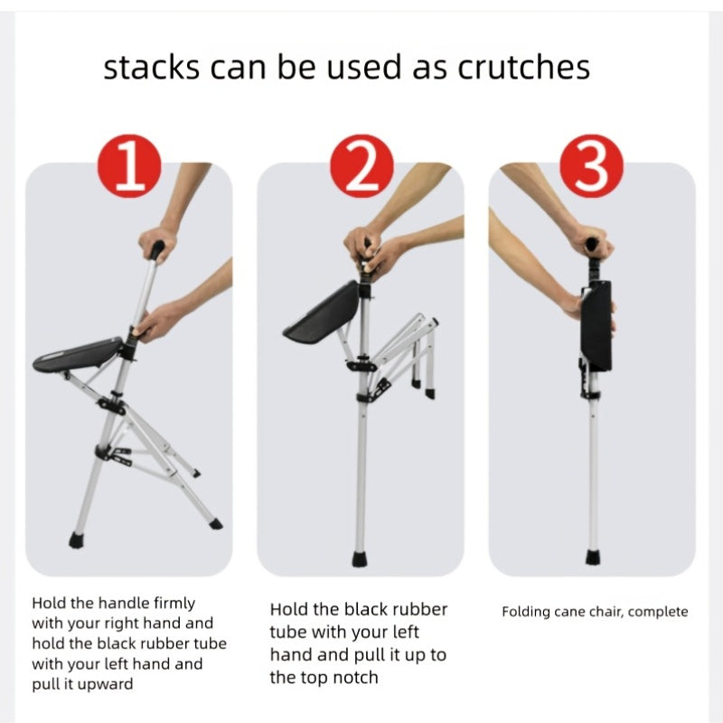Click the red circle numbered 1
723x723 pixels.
click(x=129, y=166)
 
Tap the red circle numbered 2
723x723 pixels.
click(x=362, y=166)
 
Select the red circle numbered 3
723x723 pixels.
click(x=592, y=166)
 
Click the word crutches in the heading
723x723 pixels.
click(x=524, y=67)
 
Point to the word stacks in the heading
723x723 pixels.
click(x=152, y=67)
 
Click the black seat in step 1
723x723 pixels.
click(x=79, y=354)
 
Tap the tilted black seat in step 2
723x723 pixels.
click(x=323, y=313)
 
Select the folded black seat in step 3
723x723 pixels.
click(x=596, y=325)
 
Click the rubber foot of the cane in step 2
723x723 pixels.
click(x=360, y=559)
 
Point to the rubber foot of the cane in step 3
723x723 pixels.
click(x=594, y=558)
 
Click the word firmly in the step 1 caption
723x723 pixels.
click(x=174, y=603)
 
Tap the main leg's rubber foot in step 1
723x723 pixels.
click(x=76, y=540)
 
